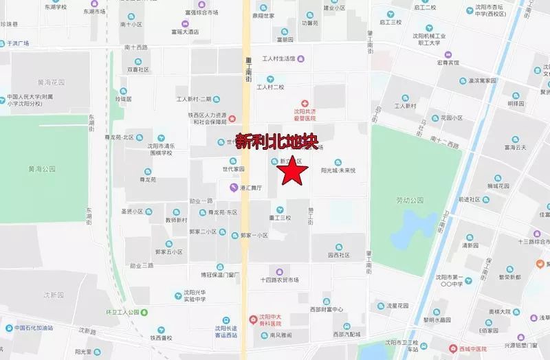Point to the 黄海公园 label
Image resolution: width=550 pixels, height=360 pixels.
[41, 168]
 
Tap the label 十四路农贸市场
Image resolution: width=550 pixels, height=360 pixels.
[280, 280]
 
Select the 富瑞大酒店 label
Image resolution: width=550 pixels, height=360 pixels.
[185, 32]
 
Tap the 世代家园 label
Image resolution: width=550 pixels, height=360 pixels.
[233, 169]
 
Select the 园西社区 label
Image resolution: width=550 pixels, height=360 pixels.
[339, 255]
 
